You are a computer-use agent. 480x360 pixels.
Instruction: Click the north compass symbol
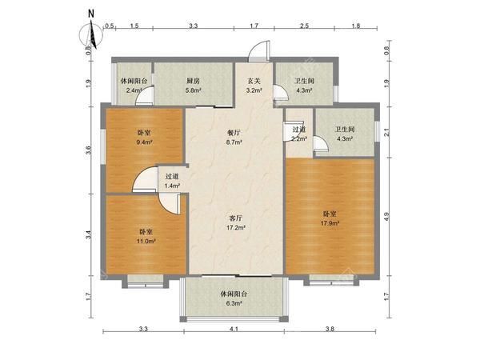pyautogui.click(x=94, y=33)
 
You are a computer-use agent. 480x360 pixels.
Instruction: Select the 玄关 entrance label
pyautogui.click(x=254, y=81)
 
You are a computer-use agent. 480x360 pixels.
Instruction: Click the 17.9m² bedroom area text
pyautogui.click(x=330, y=223)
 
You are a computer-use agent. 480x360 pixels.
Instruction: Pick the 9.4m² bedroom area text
pyautogui.click(x=145, y=143)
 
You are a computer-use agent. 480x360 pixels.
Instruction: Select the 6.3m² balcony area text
pyautogui.click(x=234, y=303)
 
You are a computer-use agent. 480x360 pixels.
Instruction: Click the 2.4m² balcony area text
pyautogui.click(x=134, y=90)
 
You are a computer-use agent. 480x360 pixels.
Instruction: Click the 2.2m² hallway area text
pyautogui.click(x=299, y=139)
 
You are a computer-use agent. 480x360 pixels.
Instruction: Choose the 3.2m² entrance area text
pyautogui.click(x=254, y=90)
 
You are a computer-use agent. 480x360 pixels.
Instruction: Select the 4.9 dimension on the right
pyautogui.click(x=386, y=215)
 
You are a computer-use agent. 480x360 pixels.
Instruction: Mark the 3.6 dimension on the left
pyautogui.click(x=90, y=149)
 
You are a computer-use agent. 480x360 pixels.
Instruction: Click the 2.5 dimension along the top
pyautogui.click(x=306, y=27)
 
